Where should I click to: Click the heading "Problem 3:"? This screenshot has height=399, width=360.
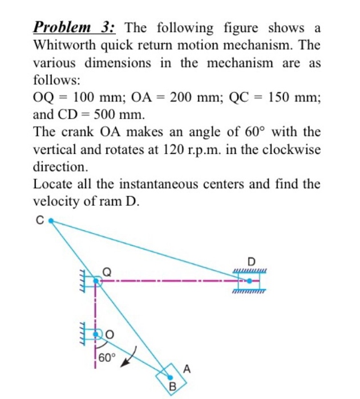75,27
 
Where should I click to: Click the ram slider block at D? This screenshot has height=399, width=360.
249,280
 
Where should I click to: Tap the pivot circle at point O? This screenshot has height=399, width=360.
97,332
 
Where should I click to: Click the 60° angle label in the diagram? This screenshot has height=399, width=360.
107,358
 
